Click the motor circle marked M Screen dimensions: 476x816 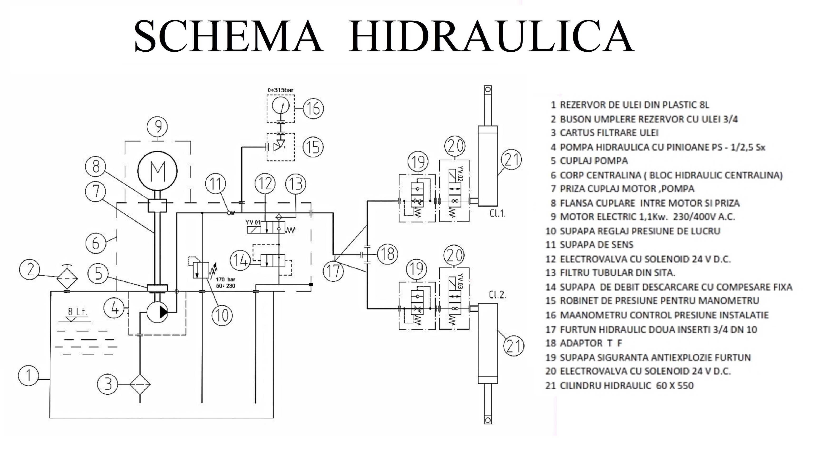(x=157, y=170)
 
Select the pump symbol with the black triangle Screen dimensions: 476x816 (x=157, y=312)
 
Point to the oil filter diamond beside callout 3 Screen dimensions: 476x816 (x=140, y=384)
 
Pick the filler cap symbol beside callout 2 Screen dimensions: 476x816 (x=67, y=279)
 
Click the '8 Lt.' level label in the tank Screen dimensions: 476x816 (x=78, y=312)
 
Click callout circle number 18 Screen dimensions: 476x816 (x=387, y=254)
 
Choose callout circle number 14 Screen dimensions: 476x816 (x=240, y=260)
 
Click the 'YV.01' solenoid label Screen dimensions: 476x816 (x=253, y=223)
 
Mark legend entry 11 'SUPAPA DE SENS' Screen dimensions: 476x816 (x=589, y=245)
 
